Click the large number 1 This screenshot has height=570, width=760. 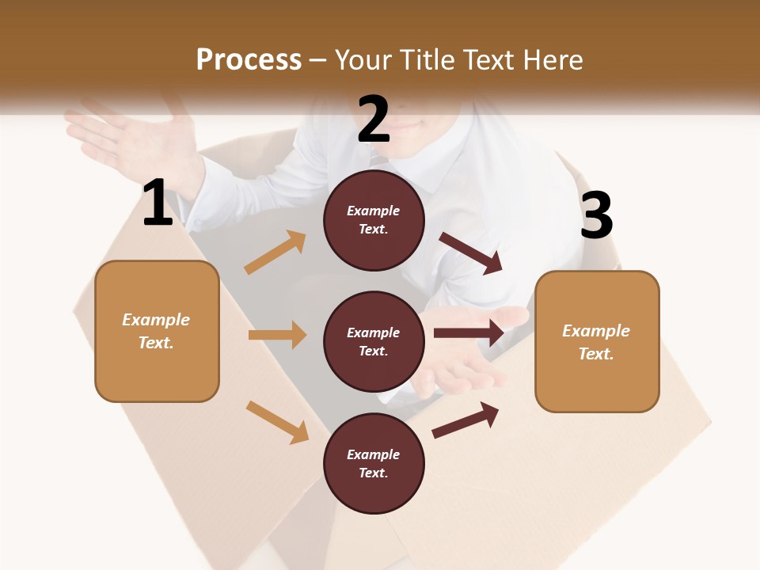pyautogui.click(x=158, y=203)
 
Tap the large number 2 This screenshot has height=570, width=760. pyautogui.click(x=374, y=120)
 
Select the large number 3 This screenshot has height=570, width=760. pyautogui.click(x=597, y=215)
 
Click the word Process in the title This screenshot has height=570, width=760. pyautogui.click(x=249, y=59)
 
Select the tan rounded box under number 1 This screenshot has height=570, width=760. pyautogui.click(x=157, y=331)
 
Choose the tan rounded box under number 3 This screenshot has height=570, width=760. pyautogui.click(x=597, y=341)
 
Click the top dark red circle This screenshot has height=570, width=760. pyautogui.click(x=374, y=220)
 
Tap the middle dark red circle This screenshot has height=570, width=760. pyautogui.click(x=374, y=341)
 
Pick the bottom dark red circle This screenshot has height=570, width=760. pyautogui.click(x=374, y=463)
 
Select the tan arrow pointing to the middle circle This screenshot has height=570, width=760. pyautogui.click(x=277, y=335)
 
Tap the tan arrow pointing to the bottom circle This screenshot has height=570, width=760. pyautogui.click(x=278, y=422)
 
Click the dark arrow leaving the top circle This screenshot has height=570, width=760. pyautogui.click(x=471, y=253)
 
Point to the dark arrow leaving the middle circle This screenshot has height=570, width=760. pyautogui.click(x=469, y=332)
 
